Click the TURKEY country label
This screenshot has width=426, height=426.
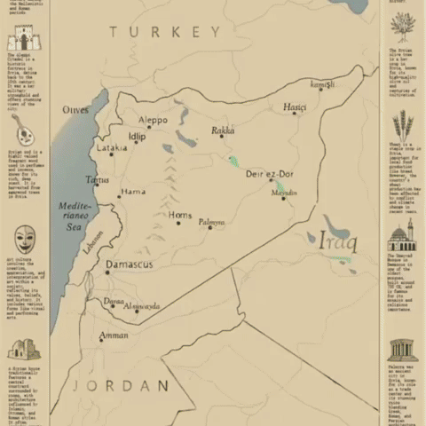coord(165,32)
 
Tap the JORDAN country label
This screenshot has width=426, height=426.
coord(122,385)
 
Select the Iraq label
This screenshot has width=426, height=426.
coord(337,240)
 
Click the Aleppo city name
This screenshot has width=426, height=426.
coord(153,120)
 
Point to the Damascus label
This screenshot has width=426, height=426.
coord(130,264)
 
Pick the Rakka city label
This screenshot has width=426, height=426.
coord(223,130)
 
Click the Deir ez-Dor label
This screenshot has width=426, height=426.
coord(269,174)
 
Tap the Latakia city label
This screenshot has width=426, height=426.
coord(111,148)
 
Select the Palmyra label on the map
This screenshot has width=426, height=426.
coord(211,221)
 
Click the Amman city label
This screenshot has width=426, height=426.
coord(114,335)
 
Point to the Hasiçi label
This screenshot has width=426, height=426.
coord(295,107)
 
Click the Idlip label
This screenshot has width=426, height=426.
coord(137,136)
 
